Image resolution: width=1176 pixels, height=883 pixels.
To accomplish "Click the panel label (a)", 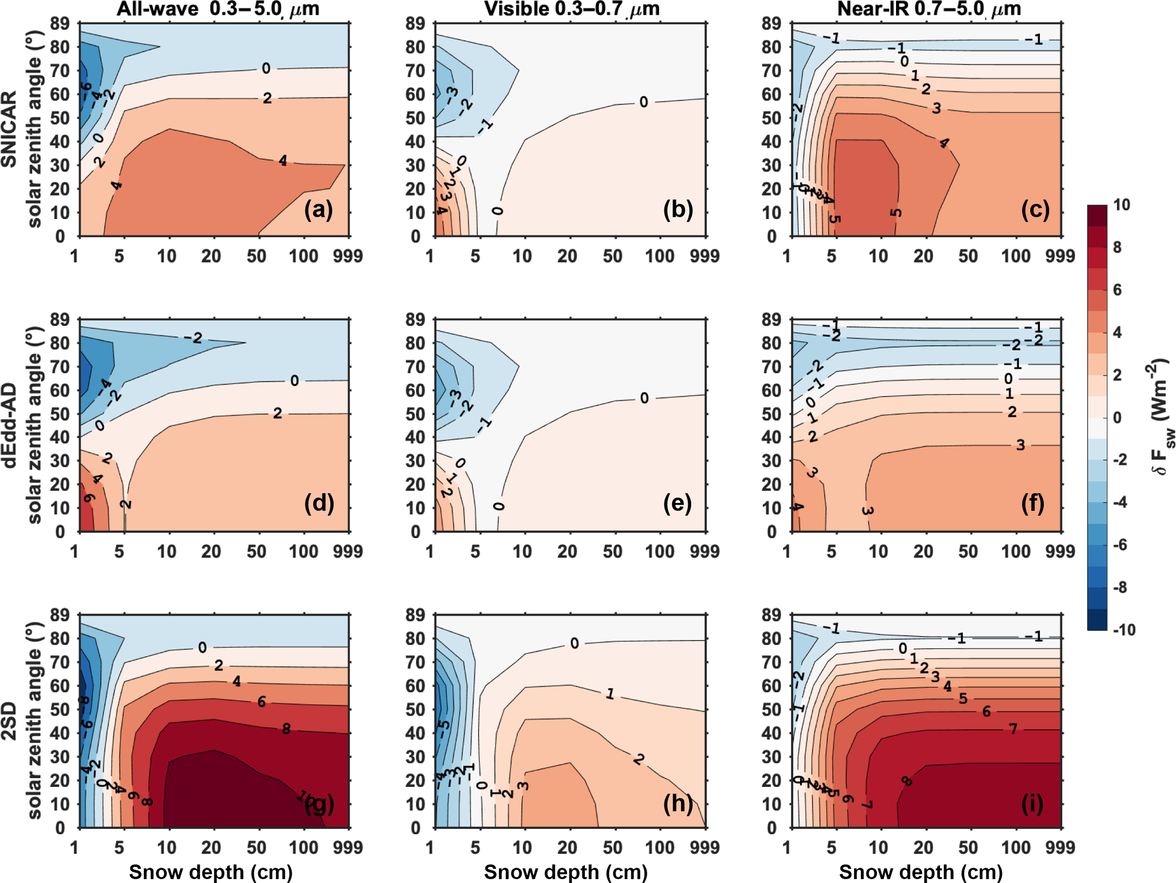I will coord(318,210).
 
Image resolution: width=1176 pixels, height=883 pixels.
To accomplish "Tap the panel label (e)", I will coord(677,504).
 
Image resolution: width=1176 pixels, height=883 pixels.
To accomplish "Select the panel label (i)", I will coord(1031,803).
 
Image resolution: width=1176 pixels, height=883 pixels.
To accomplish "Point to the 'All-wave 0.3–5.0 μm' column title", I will coord(218,9).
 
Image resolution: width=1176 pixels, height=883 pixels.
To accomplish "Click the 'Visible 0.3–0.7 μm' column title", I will coord(571,9).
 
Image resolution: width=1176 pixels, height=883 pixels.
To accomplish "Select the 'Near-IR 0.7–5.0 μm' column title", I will coord(929,9).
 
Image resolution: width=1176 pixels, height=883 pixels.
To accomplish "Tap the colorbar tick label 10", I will coord(1121,205).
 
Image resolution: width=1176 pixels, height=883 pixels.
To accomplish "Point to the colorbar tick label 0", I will coord(1117,418).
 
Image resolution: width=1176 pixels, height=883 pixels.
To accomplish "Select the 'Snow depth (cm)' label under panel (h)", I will coord(566,871).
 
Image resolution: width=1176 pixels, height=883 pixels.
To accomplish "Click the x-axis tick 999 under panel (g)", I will coord(348,848).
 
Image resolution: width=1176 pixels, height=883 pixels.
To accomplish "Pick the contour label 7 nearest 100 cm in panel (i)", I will coord(1013,729).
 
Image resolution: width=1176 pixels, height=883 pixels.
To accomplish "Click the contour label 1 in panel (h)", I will coord(609,694).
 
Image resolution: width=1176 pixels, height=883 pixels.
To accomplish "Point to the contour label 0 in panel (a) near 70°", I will coord(266,69).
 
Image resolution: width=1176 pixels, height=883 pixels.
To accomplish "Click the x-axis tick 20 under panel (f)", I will coord(923,551).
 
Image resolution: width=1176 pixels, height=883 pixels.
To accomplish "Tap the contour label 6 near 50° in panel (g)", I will coord(261,702).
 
